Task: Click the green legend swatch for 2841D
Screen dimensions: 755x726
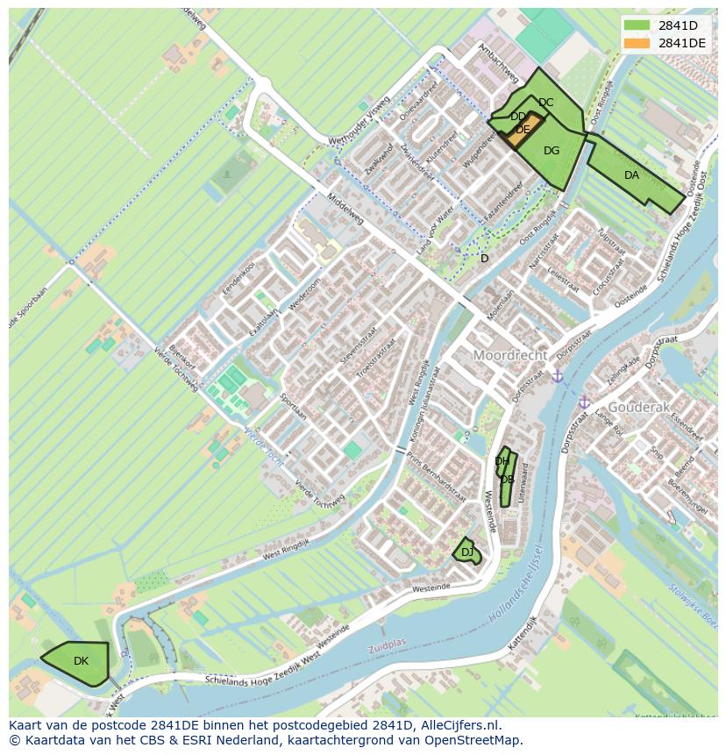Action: pos(637,25)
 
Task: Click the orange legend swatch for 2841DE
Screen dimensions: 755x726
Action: pos(637,43)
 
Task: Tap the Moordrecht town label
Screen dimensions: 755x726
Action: pos(510,355)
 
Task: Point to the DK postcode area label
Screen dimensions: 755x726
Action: pos(81,661)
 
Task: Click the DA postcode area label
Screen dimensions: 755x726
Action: pos(631,175)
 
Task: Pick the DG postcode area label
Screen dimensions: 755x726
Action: pos(551,151)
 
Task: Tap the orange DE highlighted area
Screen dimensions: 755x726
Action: pos(523,130)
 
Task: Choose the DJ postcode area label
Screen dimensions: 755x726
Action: pos(466,552)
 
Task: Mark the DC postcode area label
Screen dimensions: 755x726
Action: pos(545,103)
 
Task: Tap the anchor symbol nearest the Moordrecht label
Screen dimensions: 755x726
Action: pos(557,376)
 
